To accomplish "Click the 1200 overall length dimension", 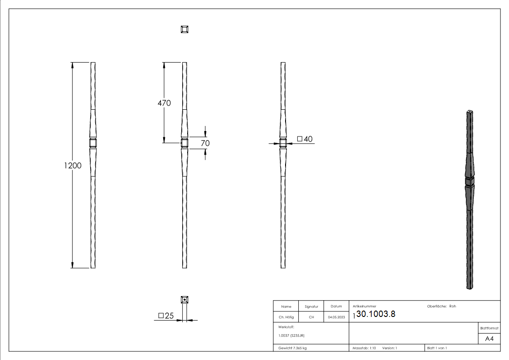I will coord(73,165).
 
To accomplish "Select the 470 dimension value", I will coord(164,103).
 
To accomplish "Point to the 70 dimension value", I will coord(205,143).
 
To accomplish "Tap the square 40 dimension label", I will coord(305,139).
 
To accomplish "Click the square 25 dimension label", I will coord(166,316).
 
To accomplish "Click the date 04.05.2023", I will coord(336,317).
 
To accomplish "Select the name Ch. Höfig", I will coord(286,317).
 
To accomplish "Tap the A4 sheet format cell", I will coord(489,339).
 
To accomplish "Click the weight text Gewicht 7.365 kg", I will coord(293,348).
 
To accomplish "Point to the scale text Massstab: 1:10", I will coord(364,348).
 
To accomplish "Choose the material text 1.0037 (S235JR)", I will coord(291,336).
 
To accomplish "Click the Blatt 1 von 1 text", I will coord(437,348).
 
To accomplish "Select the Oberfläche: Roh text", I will coord(441,306).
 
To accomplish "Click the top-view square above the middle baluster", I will coord(184,29).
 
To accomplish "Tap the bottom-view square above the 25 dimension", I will coord(184,300).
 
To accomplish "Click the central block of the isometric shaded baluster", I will coord(470,182).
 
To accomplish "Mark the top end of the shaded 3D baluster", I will coord(470,111).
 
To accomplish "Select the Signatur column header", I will coord(311,306).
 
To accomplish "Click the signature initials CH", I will coord(311,317).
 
